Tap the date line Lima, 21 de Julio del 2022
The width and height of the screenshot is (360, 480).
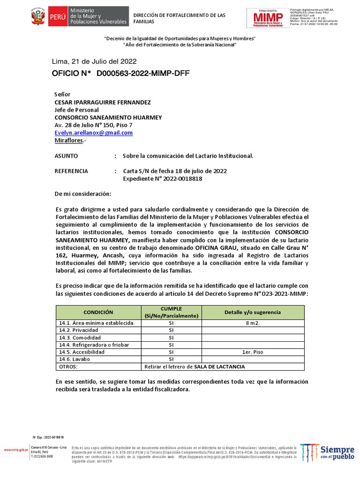(94, 61)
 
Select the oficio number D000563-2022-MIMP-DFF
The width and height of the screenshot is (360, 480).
(143, 74)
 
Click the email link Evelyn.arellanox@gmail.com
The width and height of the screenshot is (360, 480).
(94, 133)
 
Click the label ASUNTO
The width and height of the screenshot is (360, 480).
(67, 156)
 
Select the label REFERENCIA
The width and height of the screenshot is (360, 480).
(71, 171)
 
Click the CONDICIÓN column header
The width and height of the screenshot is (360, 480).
(98, 312)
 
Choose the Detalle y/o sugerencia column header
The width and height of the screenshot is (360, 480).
(253, 312)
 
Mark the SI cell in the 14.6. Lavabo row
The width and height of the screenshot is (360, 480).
(171, 359)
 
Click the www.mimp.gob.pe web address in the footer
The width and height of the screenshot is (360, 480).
(16, 450)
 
